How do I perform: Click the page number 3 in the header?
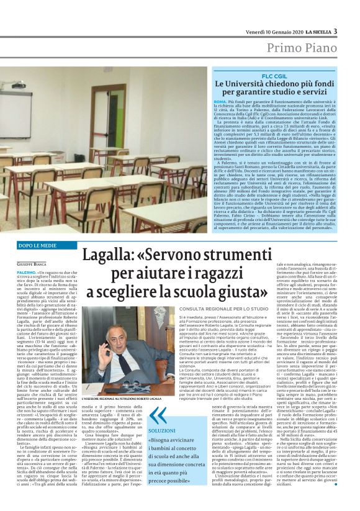pyautogui.click(x=335, y=32)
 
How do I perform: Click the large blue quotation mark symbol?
pyautogui.click(x=158, y=432)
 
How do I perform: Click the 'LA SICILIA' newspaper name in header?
pyautogui.click(x=315, y=32)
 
